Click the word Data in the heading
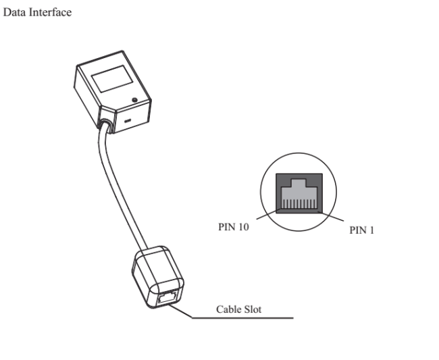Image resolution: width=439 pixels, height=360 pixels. [14, 14]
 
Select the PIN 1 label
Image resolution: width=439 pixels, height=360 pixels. [362, 230]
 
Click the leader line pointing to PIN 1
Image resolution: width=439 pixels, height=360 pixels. [335, 218]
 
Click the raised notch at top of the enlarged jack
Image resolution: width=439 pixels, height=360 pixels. [299, 182]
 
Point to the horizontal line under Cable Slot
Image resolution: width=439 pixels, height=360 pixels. [243, 317]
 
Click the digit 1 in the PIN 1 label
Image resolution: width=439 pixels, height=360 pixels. [371, 230]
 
